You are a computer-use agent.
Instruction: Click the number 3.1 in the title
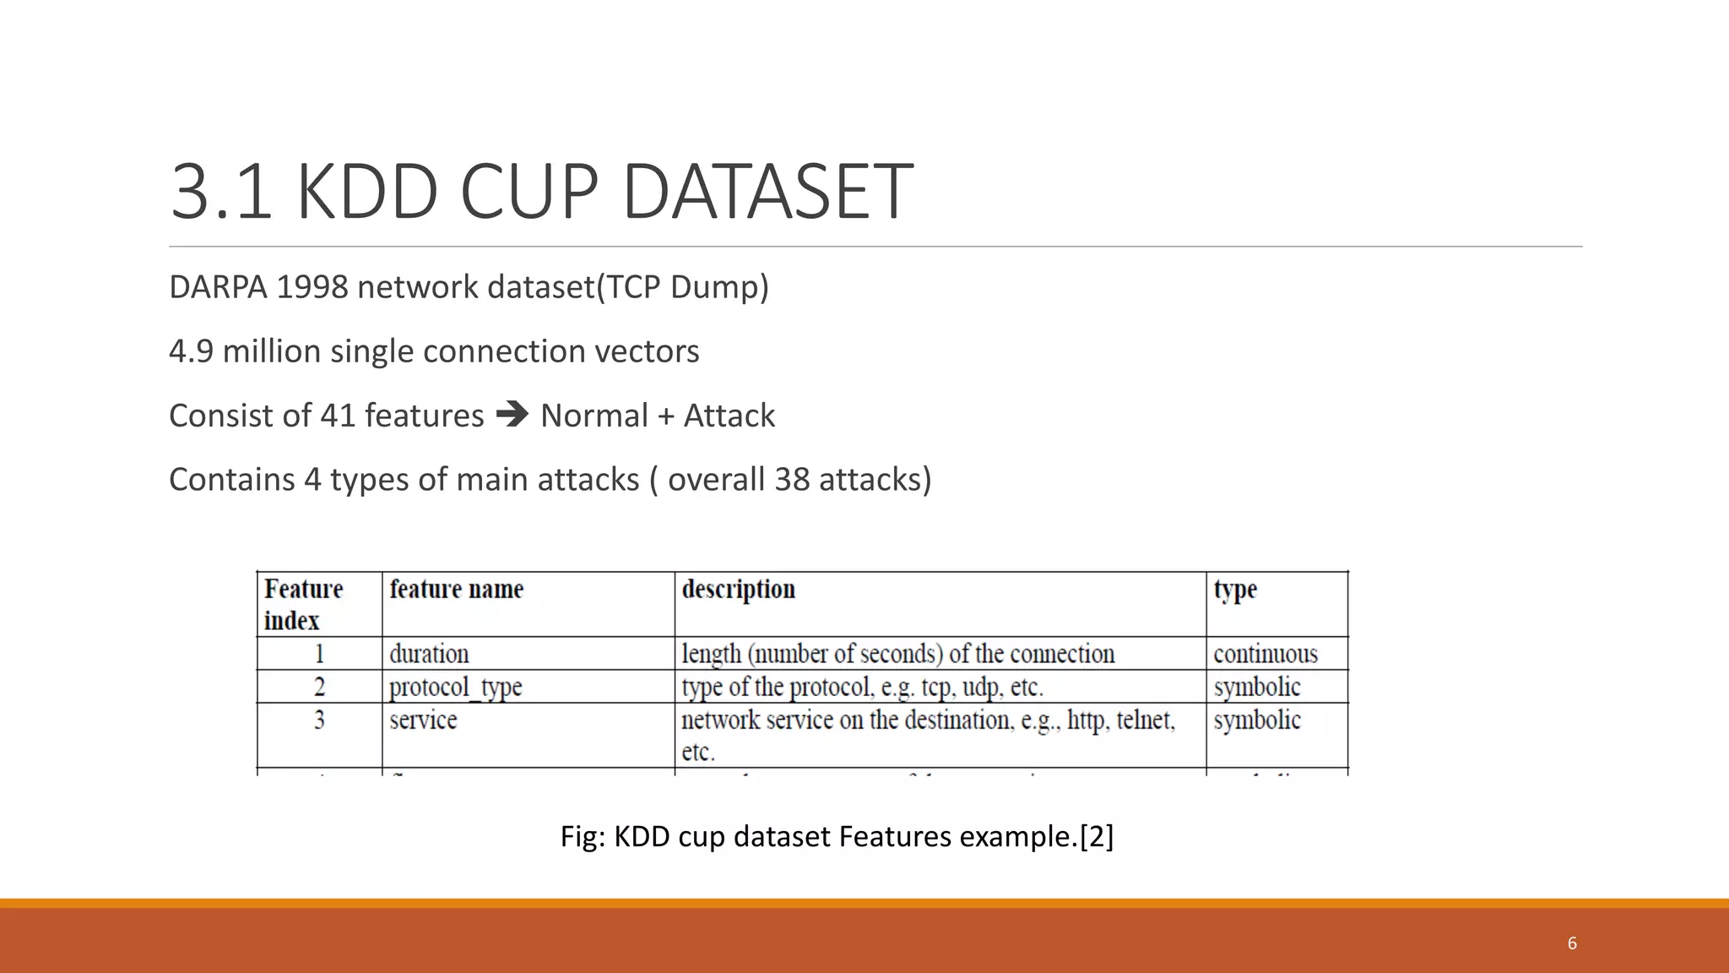click(x=221, y=193)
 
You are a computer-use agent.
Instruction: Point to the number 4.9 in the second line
click(x=191, y=351)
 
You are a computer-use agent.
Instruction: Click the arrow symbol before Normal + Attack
click(x=512, y=415)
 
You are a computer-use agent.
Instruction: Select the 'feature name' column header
click(x=456, y=589)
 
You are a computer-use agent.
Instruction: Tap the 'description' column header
click(x=738, y=589)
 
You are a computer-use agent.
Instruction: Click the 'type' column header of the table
click(x=1235, y=589)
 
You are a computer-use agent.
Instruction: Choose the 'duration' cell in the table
click(x=429, y=654)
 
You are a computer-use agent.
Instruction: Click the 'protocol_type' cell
click(x=456, y=687)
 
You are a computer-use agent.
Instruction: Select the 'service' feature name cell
click(x=423, y=720)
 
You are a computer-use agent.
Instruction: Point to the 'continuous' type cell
click(x=1265, y=654)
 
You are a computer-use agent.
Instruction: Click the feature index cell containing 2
click(x=319, y=687)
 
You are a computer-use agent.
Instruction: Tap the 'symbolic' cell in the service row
click(x=1257, y=720)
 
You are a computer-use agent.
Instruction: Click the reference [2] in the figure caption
click(x=1097, y=836)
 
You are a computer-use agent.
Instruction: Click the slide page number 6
click(x=1572, y=943)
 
